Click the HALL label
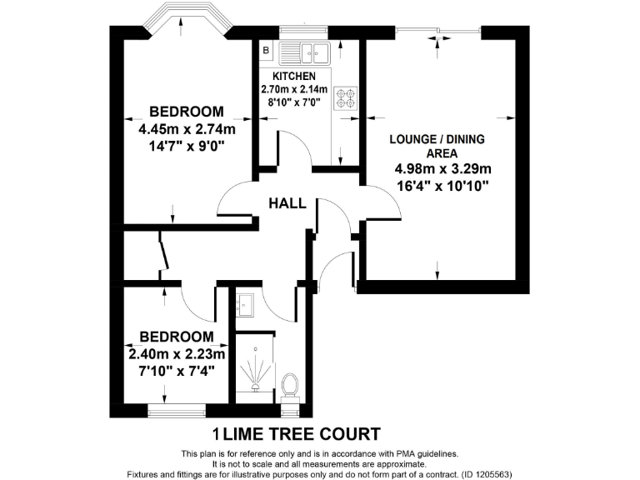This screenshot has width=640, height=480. [287, 203]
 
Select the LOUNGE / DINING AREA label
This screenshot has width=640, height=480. [437, 147]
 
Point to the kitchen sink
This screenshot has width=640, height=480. [306, 53]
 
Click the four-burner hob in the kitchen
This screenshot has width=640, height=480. [344, 98]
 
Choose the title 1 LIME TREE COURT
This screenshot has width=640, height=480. [297, 434]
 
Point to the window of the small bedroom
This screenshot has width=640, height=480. [176, 411]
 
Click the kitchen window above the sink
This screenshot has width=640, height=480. [306, 32]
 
